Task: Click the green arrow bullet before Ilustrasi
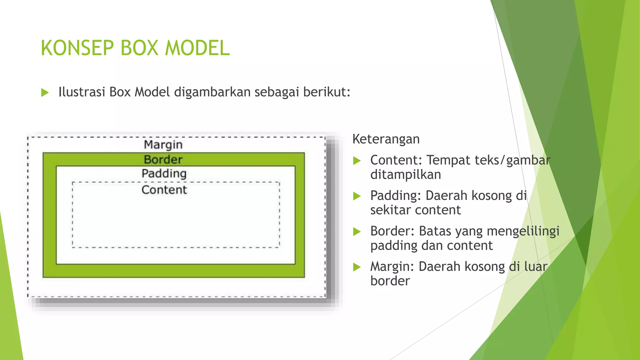[x=45, y=92]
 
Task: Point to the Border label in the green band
[x=163, y=160]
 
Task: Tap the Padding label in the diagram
[x=164, y=173]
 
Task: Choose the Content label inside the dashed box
[x=164, y=190]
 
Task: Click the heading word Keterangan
[x=386, y=139]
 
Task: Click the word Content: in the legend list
[x=396, y=160]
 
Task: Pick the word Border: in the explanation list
[x=392, y=231]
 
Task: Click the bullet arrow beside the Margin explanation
[x=357, y=267]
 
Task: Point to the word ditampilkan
[x=406, y=175]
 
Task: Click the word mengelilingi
[x=523, y=232]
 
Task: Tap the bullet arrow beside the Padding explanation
[x=357, y=196]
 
